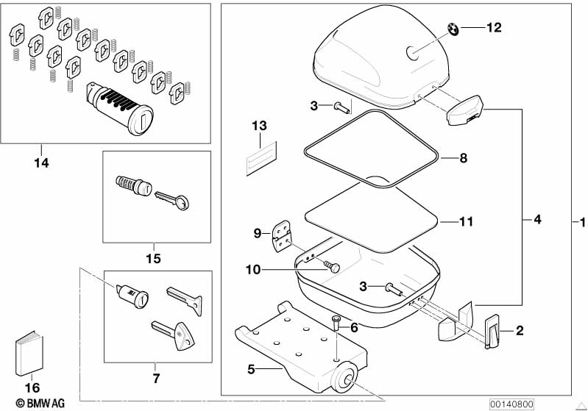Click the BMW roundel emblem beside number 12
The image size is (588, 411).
(453, 29)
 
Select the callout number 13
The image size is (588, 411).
(259, 126)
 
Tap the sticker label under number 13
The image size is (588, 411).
(261, 159)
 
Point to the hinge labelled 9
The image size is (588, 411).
(281, 236)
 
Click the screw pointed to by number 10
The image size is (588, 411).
(332, 266)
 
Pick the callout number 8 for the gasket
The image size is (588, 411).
(464, 158)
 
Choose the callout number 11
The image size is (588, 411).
(466, 222)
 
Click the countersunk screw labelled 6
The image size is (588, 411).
(336, 323)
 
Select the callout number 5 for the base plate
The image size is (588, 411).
(251, 369)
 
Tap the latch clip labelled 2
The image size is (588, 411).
(492, 331)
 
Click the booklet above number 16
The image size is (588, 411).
(29, 354)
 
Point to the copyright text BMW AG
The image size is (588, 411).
(40, 403)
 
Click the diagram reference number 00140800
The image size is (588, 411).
(511, 404)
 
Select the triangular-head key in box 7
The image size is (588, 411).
(175, 335)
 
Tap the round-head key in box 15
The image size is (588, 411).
(171, 200)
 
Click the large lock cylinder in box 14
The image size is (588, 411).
(120, 108)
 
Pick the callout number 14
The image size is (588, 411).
(42, 163)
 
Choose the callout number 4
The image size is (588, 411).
(537, 219)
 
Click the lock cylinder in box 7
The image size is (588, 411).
(132, 296)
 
